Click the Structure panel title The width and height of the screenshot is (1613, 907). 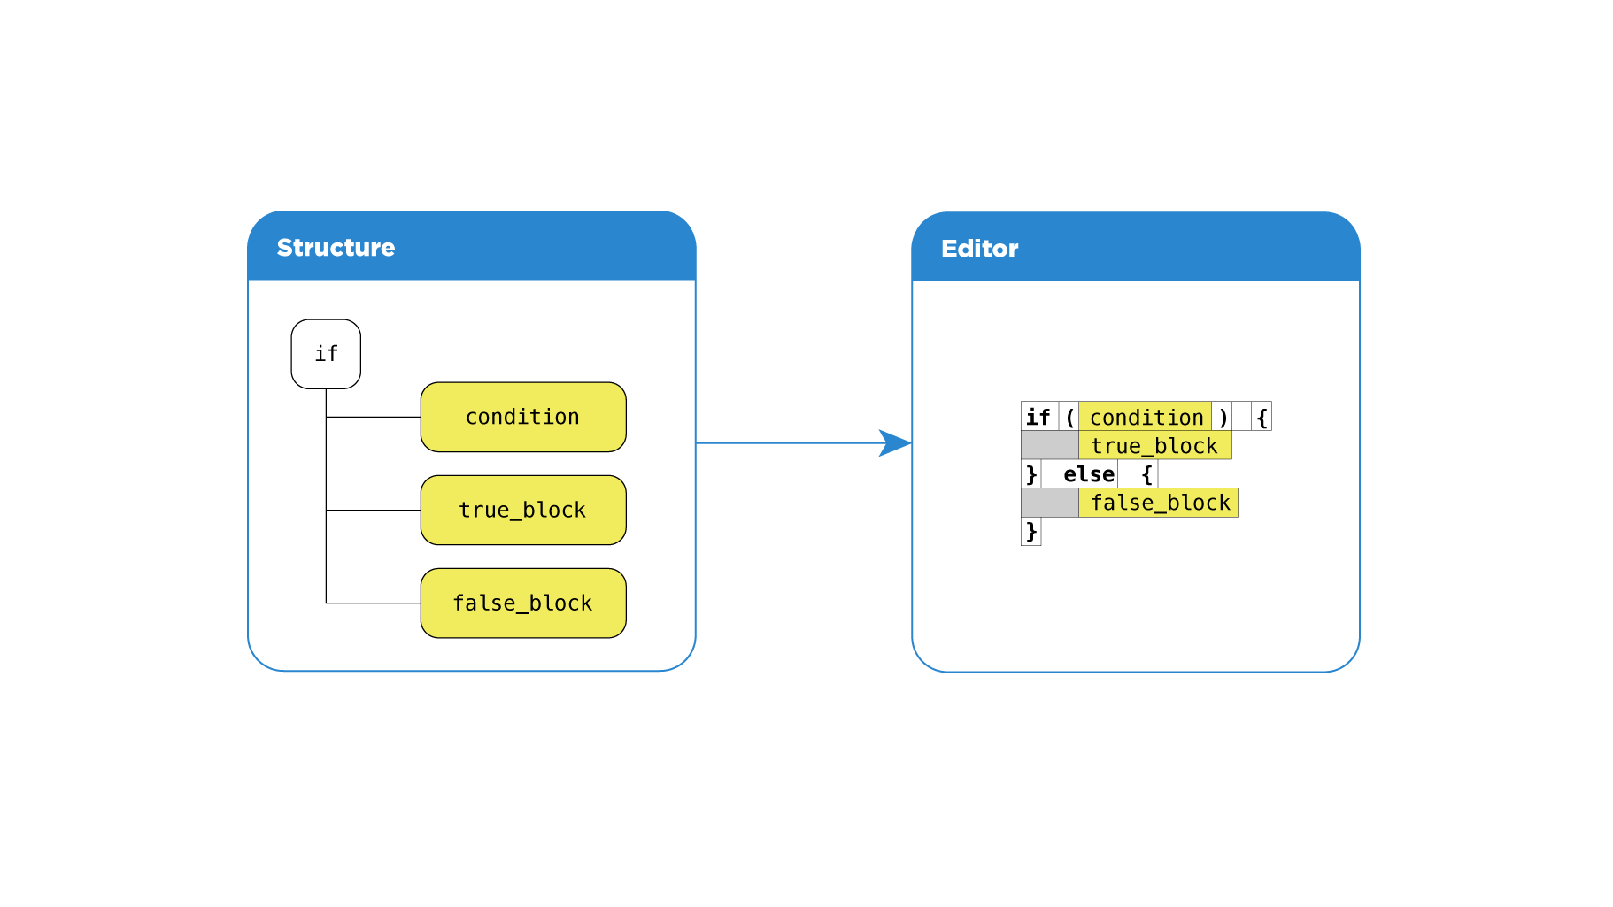336,248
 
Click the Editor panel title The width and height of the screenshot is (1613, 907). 979,249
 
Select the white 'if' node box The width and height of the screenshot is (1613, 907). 326,354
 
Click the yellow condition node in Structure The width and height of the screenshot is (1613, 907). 523,417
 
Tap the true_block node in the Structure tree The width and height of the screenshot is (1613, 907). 523,510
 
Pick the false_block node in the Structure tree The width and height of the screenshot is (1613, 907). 523,603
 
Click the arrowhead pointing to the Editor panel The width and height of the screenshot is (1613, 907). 896,442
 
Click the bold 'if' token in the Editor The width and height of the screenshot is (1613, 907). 1038,417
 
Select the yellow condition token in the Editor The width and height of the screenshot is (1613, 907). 1146,417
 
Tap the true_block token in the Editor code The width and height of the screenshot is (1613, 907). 1154,445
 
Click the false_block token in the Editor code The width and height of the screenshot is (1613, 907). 1160,502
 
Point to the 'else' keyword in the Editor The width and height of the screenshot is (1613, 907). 1089,474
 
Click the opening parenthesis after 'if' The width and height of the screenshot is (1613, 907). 1069,417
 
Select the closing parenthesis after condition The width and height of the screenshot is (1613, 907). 1223,417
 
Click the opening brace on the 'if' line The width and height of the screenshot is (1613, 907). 1262,417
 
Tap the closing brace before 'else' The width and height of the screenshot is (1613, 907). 1031,474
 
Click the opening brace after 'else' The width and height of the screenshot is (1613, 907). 1147,474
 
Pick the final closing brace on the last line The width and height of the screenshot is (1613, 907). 1031,531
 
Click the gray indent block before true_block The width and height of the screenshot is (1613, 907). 1049,445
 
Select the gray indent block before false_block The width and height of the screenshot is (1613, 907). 1049,502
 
